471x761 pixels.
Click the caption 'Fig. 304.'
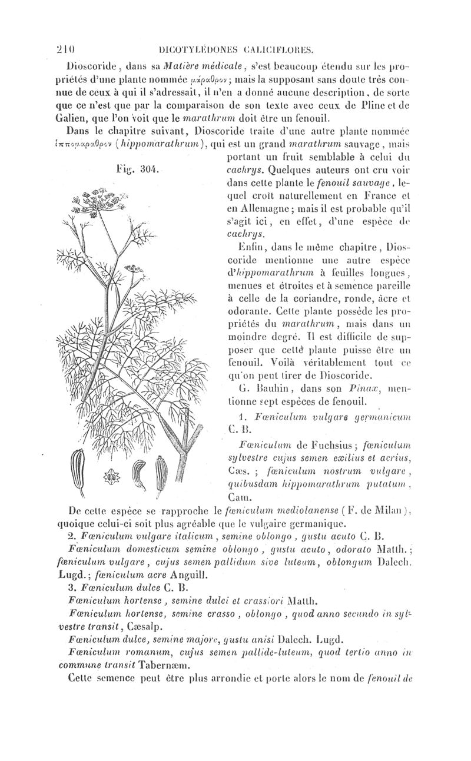[134, 170]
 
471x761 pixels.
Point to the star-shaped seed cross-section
[109, 478]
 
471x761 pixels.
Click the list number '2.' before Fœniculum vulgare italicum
[69, 536]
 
